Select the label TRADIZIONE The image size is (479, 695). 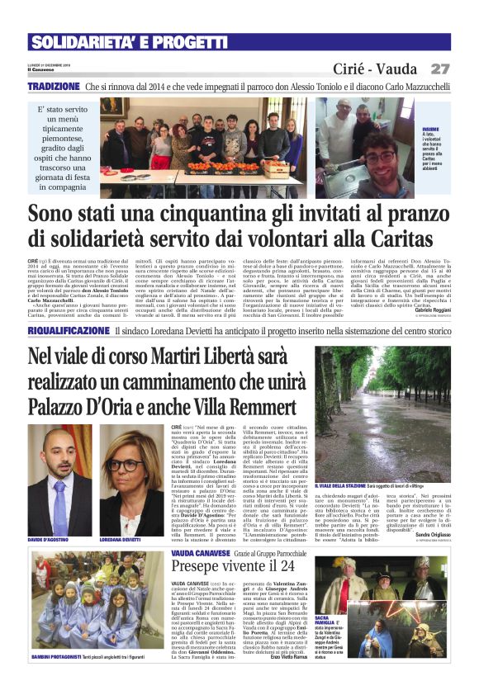coord(53,86)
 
